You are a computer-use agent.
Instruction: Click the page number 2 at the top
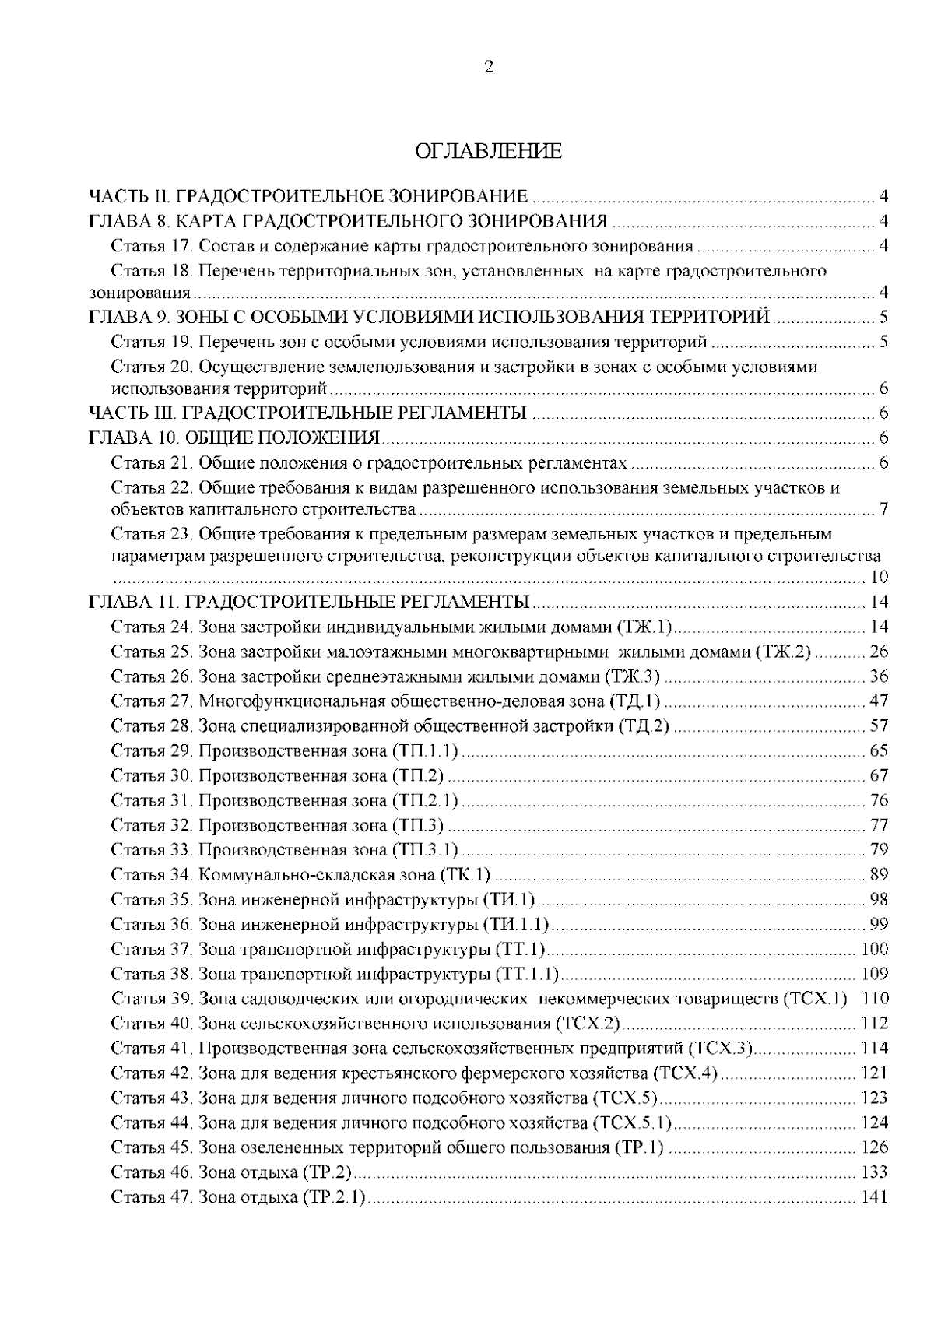coord(488,68)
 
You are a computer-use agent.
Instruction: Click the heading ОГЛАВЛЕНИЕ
coord(488,151)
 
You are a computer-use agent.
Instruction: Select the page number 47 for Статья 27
coord(878,701)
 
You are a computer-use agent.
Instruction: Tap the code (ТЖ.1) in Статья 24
coord(645,627)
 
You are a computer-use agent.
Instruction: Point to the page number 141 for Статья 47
coord(875,1197)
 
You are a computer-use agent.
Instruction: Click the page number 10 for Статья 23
coord(878,578)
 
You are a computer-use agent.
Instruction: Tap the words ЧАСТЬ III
coord(129,413)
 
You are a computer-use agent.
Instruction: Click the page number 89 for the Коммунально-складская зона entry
coord(878,875)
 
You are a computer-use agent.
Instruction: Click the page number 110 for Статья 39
coord(875,999)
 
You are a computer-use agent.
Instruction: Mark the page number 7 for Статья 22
coord(883,511)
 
